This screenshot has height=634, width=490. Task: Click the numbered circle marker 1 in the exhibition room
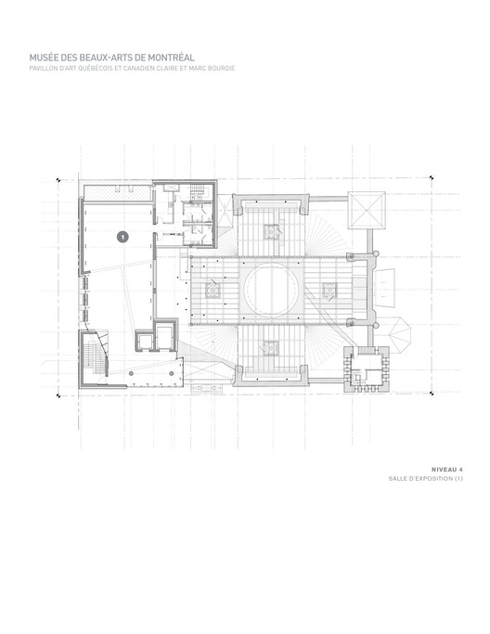click(x=122, y=237)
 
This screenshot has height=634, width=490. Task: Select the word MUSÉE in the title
click(x=40, y=58)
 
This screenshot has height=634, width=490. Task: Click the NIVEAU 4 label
click(x=446, y=470)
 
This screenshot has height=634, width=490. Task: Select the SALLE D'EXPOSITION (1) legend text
click(x=425, y=479)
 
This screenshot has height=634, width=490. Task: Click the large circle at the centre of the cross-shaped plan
click(x=271, y=290)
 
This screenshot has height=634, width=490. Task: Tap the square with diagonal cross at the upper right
click(x=367, y=211)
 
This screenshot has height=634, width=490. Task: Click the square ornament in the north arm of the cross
click(x=271, y=232)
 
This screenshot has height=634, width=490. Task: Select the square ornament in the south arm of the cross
click(x=271, y=348)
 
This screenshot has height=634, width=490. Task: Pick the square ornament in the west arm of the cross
click(x=213, y=290)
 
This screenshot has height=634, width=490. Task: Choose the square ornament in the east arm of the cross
click(x=329, y=290)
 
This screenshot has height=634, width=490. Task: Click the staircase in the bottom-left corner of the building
click(x=96, y=355)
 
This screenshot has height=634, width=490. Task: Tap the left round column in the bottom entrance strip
click(x=131, y=373)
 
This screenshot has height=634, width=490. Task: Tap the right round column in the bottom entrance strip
click(x=171, y=373)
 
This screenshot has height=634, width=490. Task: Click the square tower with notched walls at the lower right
click(x=367, y=369)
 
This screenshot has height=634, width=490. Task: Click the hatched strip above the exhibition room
click(x=118, y=193)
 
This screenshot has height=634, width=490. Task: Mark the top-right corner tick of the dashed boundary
click(x=432, y=177)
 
